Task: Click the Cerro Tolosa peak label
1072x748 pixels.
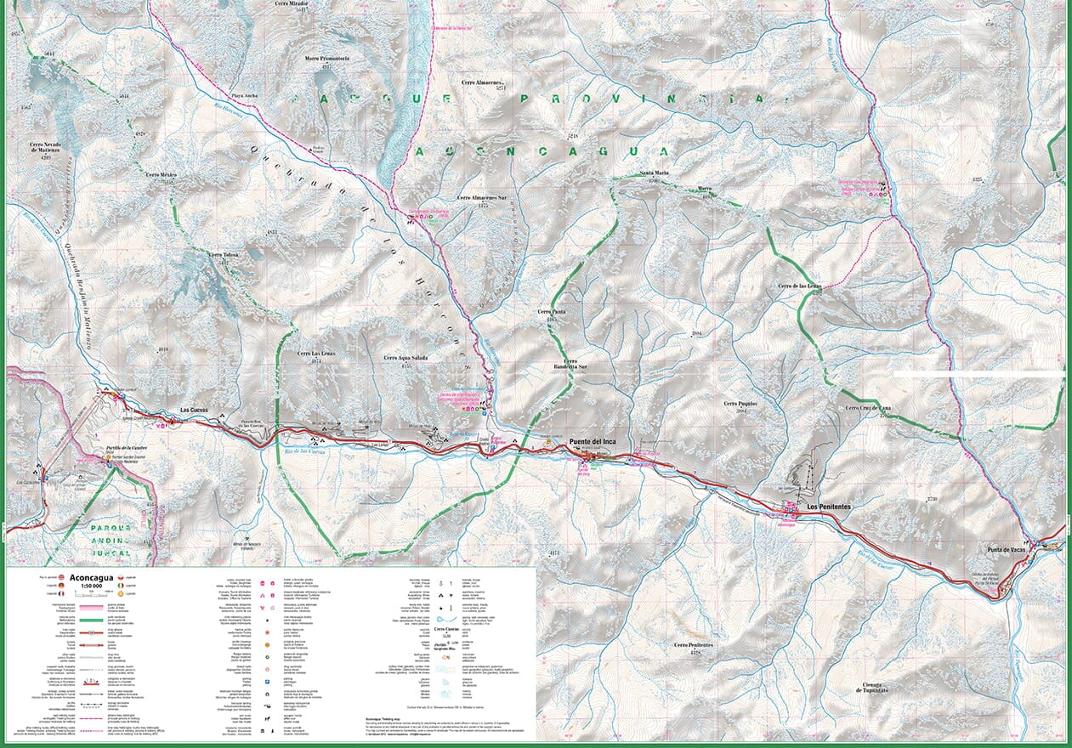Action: pos(224,255)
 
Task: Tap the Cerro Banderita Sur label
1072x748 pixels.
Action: pos(570,364)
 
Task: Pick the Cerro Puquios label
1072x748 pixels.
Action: pos(740,404)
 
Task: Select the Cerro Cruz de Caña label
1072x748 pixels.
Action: pos(873,409)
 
